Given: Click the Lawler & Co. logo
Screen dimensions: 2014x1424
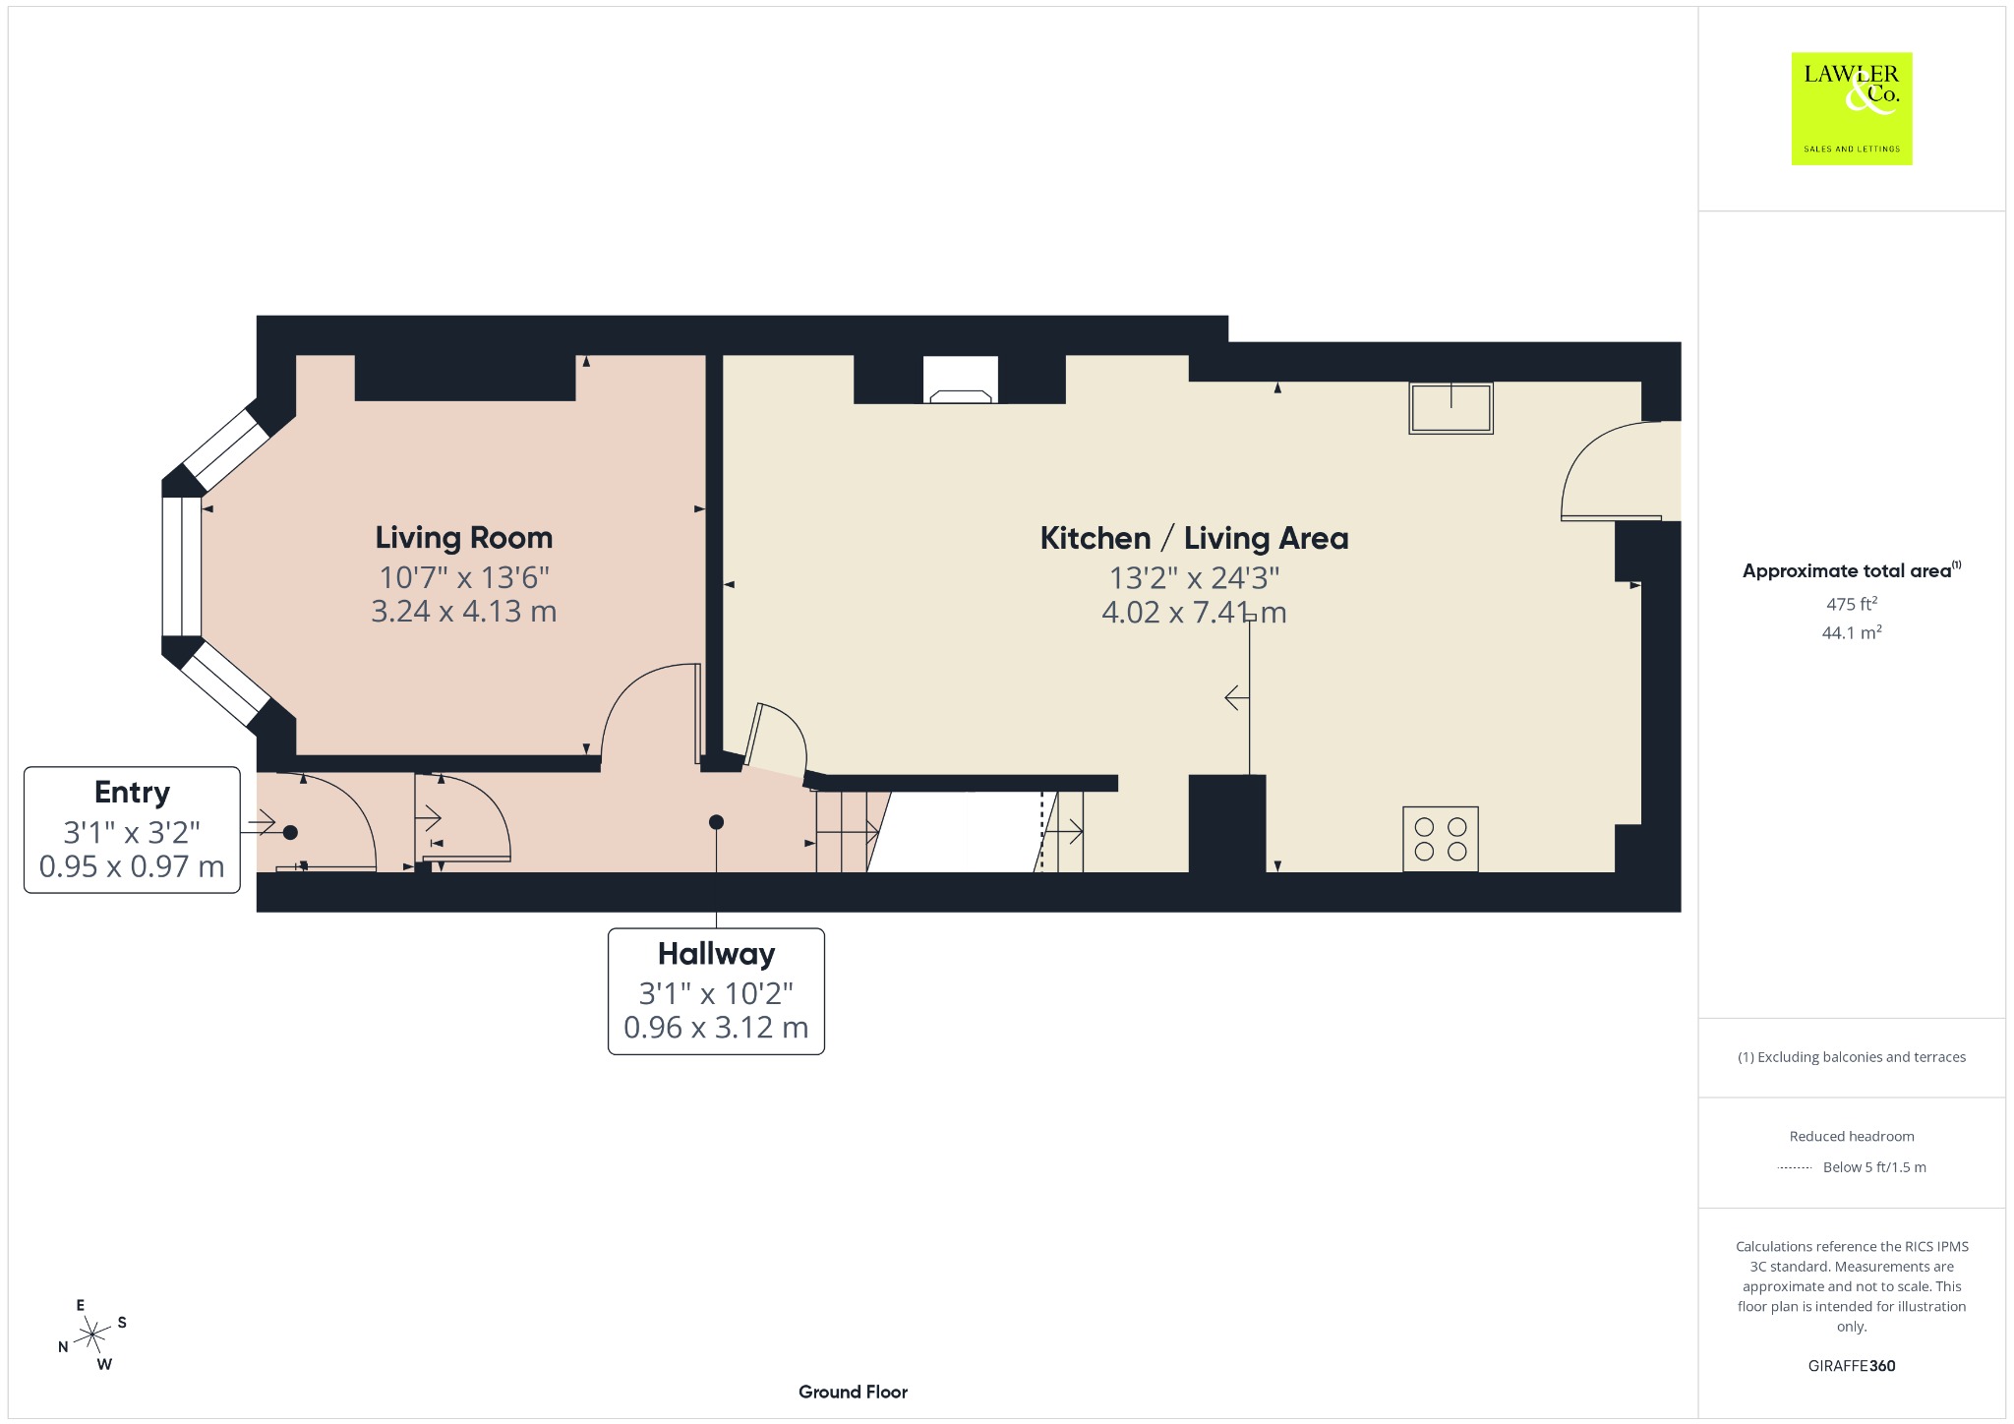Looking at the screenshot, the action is (x=1851, y=108).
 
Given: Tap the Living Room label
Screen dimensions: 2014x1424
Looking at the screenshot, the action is (x=464, y=538).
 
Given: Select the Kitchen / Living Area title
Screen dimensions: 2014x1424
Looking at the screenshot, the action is (x=1194, y=538).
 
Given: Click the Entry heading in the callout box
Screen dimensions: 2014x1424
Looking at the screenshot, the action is (x=132, y=793).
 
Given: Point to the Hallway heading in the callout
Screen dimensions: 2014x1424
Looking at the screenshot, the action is (x=716, y=954).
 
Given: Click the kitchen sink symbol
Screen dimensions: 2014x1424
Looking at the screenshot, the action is (x=1451, y=408).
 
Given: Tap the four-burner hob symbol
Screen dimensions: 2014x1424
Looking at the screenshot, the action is (x=1441, y=839).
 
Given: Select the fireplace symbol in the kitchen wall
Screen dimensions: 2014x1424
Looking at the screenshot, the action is (x=961, y=380).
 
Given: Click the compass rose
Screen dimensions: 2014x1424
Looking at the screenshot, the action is (x=92, y=1335).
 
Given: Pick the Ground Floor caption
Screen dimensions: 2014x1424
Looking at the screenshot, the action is (x=853, y=1392).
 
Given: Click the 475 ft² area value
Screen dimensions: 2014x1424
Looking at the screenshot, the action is (x=1852, y=604).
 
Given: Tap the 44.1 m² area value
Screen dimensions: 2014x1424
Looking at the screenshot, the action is (x=1852, y=632).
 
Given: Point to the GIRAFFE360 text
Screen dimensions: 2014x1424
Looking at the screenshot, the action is (x=1852, y=1366).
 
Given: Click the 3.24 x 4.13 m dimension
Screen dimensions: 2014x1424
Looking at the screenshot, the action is (x=464, y=612).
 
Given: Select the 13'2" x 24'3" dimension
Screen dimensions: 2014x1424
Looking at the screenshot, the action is (x=1194, y=577).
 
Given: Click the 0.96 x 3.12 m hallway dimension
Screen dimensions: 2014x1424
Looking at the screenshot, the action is (x=716, y=1028).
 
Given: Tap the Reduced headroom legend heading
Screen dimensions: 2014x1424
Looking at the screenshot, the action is (x=1852, y=1136).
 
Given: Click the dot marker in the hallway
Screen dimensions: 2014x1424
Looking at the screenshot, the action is (x=716, y=822).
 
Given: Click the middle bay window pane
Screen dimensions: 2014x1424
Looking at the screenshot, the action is (x=182, y=566).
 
